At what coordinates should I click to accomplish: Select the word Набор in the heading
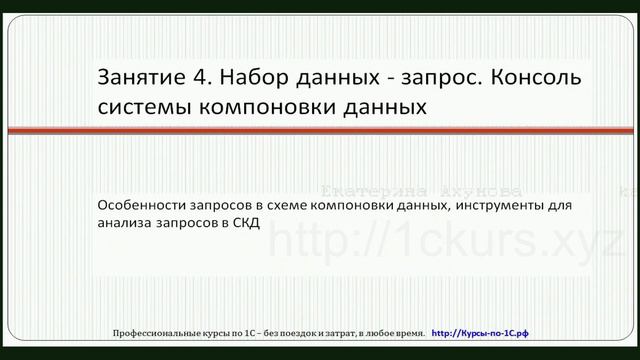pyautogui.click(x=254, y=77)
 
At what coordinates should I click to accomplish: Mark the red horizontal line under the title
pyautogui.click(x=320, y=129)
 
